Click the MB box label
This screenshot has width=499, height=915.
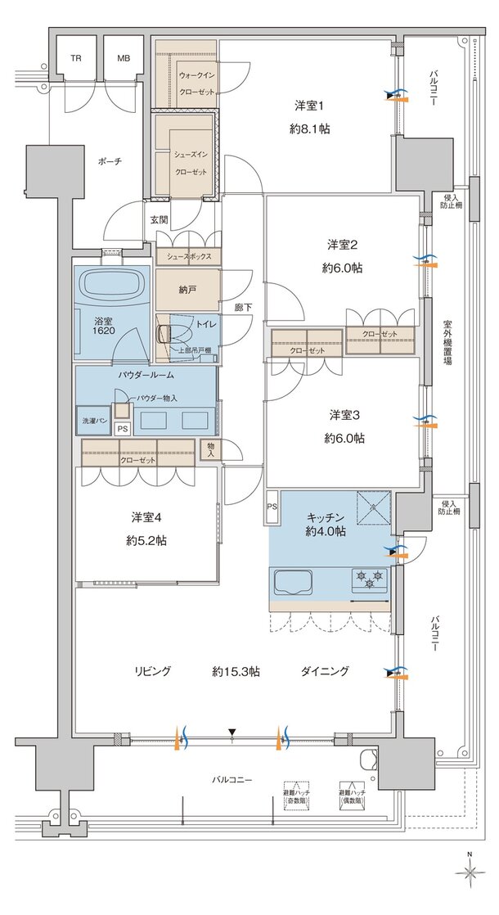pos(123,59)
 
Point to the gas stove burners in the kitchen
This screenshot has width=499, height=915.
pos(369,579)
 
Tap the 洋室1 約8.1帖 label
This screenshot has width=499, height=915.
pos(311,116)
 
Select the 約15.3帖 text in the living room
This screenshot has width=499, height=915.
pos(236,671)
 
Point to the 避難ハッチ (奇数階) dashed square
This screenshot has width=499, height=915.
pos(297,792)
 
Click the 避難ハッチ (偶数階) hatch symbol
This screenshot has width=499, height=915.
pos(350,792)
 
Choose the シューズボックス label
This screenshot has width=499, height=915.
pos(189,256)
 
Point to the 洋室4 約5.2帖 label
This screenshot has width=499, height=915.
pos(147,529)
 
